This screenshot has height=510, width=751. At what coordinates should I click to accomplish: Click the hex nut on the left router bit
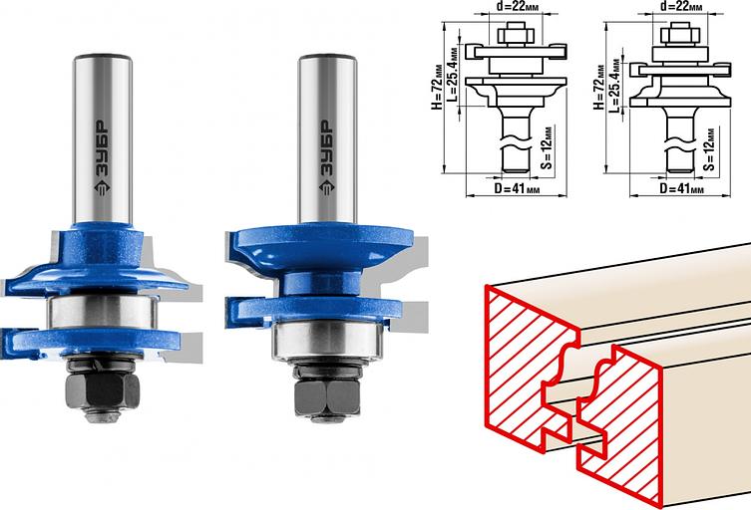102,389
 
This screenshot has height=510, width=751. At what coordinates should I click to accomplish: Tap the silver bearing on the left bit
102,312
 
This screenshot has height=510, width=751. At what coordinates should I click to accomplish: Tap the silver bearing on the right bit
327,341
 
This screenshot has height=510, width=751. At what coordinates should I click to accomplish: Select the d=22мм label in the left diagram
514,7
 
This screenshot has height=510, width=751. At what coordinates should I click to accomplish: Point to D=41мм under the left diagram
517,188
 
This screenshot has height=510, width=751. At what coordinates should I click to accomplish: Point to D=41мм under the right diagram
681,188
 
